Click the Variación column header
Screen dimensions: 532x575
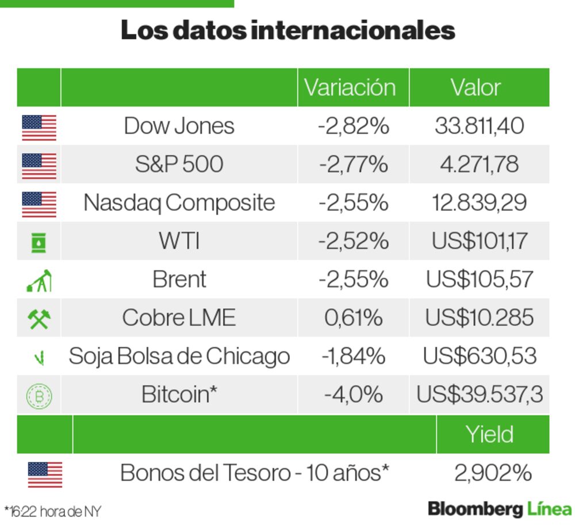pos(350,87)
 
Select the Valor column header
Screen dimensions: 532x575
pos(476,87)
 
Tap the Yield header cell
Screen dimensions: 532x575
pos(489,434)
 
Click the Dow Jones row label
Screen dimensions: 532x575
pos(179,125)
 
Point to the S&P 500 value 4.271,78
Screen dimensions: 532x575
pos(478,164)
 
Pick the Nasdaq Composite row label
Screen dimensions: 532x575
pos(179,202)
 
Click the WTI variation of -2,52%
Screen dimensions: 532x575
pos(353,241)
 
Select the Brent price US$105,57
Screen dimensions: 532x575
pos(479,280)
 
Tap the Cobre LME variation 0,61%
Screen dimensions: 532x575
pos(353,317)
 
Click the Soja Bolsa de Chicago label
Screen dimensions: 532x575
pos(179,357)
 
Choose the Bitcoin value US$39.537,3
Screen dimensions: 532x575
pos(479,395)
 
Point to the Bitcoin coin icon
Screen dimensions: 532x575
pos(39,396)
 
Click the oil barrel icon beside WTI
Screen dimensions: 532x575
pos(39,242)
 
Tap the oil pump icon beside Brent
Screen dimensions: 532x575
pos(39,280)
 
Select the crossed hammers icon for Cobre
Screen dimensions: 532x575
pos(39,318)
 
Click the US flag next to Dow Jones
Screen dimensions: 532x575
pos(39,127)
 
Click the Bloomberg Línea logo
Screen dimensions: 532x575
pos(499,509)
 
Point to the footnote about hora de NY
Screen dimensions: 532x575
pos(52,511)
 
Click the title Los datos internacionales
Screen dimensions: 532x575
pos(287,30)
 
